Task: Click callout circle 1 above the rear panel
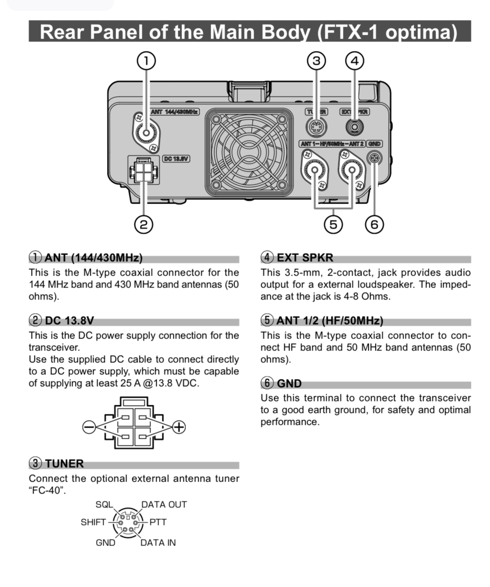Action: [x=146, y=61]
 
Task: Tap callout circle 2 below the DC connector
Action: [x=143, y=224]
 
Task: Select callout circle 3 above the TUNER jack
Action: [x=316, y=61]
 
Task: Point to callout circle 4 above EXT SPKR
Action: [x=354, y=61]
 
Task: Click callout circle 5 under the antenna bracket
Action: [x=333, y=224]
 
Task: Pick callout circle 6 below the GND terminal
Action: [x=374, y=224]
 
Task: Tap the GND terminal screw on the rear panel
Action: [x=374, y=157]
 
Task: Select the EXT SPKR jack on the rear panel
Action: [x=354, y=127]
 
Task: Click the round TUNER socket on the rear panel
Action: [x=316, y=127]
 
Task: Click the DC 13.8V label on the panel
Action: [x=177, y=158]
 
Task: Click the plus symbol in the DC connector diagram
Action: [x=179, y=426]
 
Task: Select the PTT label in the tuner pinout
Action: [x=158, y=522]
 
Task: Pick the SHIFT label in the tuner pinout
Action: [x=93, y=522]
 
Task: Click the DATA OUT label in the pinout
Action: [x=164, y=505]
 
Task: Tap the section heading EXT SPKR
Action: [x=305, y=258]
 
